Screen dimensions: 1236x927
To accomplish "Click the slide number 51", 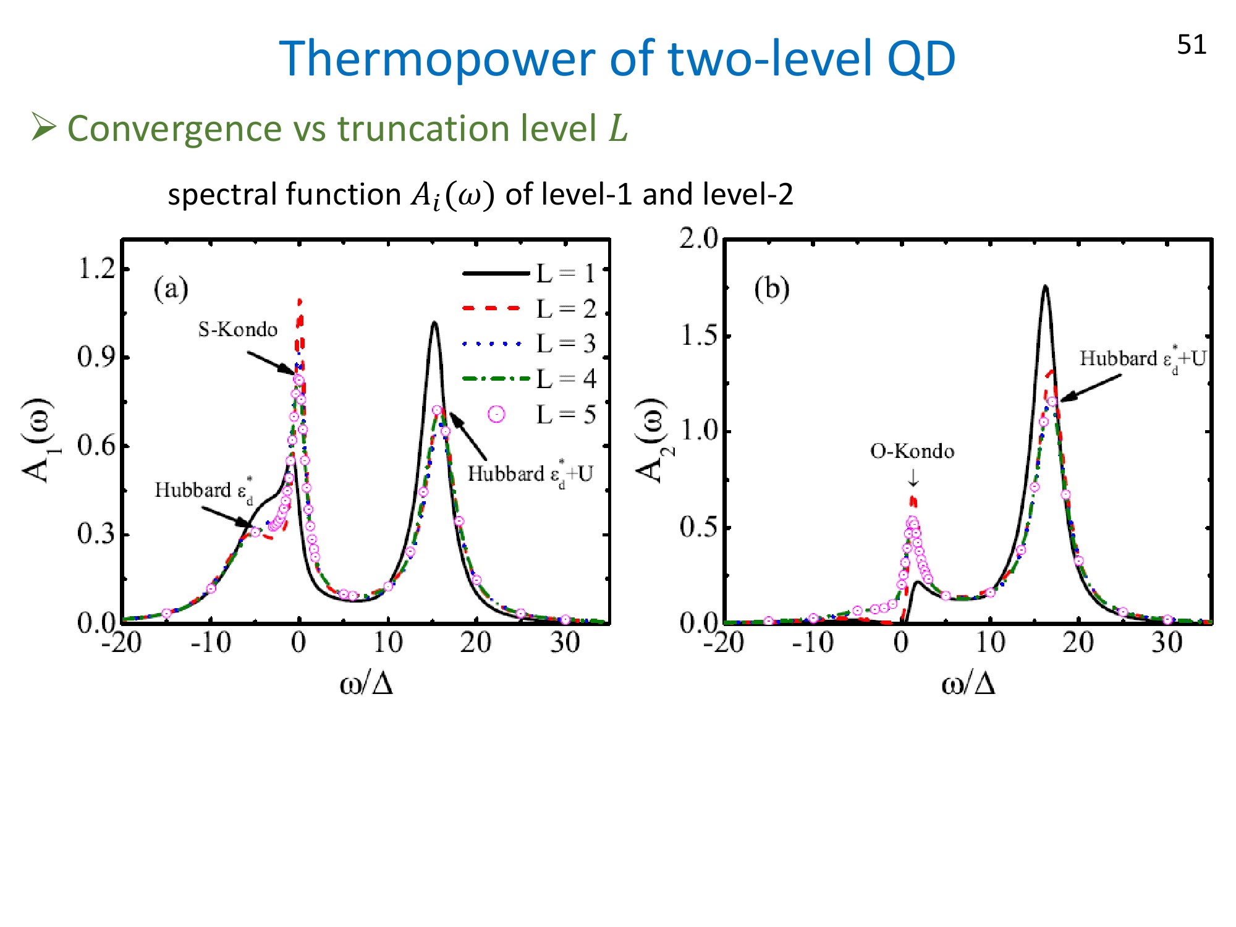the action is click(1192, 44).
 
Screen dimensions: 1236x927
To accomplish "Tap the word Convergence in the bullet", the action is click(175, 129).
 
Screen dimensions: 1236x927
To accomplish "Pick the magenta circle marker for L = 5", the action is click(496, 414).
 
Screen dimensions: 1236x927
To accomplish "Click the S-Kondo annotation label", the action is click(238, 329).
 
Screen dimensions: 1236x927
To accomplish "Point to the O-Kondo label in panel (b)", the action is click(912, 451).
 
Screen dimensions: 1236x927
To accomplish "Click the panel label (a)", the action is click(171, 289).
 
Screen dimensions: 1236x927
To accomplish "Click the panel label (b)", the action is click(772, 289).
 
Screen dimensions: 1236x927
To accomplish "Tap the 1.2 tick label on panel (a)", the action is click(96, 269).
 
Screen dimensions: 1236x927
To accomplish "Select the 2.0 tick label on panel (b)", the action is click(699, 239).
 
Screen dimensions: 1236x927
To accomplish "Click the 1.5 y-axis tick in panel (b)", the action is click(699, 336).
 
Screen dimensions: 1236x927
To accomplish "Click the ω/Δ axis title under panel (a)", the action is click(366, 684).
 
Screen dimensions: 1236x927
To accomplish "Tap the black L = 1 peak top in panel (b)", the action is click(1045, 286).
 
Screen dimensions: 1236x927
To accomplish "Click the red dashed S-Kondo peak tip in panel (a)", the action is click(300, 301).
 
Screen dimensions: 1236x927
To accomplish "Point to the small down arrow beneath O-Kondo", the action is click(913, 477).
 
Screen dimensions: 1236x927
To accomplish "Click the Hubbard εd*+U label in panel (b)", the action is click(1143, 359).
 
